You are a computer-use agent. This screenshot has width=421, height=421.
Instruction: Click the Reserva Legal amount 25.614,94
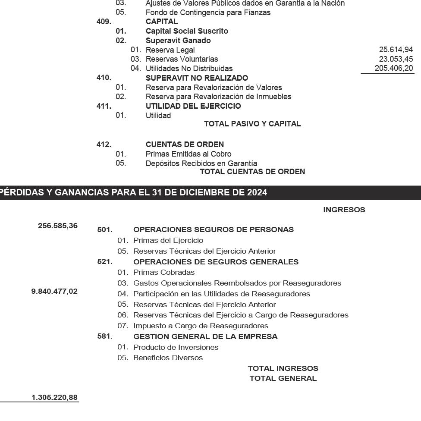(x=396, y=50)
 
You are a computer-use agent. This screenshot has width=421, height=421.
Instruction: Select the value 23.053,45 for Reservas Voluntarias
(x=396, y=59)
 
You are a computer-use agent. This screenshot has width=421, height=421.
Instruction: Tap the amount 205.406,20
(x=394, y=69)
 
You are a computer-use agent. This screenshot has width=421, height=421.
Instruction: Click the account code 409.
(x=104, y=22)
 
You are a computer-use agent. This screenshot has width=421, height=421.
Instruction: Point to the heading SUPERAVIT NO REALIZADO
(x=197, y=78)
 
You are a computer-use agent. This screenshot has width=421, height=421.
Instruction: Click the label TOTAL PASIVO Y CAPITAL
(x=252, y=124)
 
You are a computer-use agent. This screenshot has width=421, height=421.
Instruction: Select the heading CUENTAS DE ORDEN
(x=185, y=145)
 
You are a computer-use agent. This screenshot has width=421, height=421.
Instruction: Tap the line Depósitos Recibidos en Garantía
(x=201, y=163)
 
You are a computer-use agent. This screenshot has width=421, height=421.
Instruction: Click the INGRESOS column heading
(x=344, y=210)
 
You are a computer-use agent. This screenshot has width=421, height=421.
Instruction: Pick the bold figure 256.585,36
(x=58, y=225)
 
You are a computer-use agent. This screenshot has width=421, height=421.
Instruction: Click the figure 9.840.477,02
(x=54, y=292)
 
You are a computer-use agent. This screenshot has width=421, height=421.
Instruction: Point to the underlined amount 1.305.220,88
(x=54, y=397)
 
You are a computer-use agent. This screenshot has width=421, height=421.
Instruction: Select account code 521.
(x=105, y=262)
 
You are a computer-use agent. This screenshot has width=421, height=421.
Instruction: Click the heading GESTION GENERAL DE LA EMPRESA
(x=205, y=336)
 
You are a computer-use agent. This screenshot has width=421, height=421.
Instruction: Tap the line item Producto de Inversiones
(x=176, y=347)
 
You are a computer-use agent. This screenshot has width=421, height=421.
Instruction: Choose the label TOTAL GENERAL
(x=283, y=379)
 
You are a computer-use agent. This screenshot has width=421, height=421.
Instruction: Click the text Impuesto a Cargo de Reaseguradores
(x=201, y=326)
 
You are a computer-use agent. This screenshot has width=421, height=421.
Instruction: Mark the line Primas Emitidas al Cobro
(x=189, y=154)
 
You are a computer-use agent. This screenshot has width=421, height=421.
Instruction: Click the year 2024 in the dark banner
(x=257, y=193)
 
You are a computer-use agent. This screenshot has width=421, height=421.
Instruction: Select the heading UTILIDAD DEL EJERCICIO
(x=193, y=106)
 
